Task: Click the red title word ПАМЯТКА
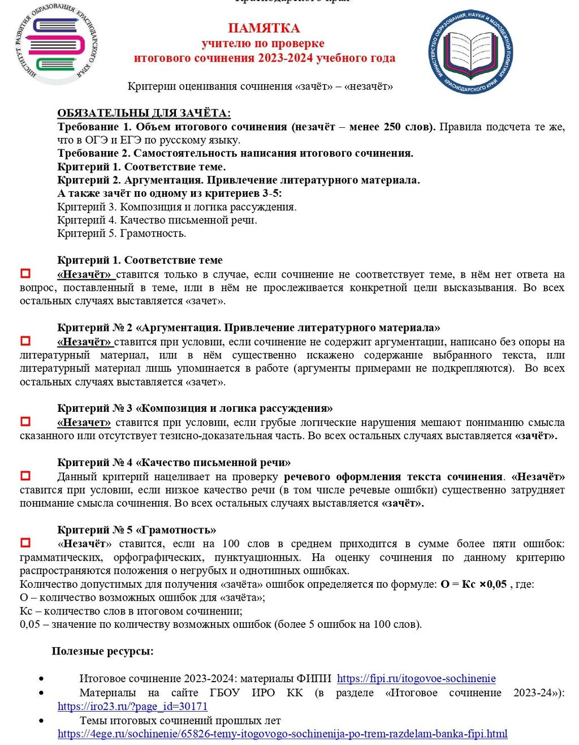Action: point(264,28)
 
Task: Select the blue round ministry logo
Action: point(470,50)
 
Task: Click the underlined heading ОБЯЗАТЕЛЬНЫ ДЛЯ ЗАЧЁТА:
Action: point(144,113)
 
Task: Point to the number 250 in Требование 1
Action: point(392,127)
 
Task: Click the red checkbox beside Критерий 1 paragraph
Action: point(25,274)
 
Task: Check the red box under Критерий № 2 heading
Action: point(25,341)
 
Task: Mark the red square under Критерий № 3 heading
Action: point(25,421)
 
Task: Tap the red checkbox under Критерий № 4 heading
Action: point(25,476)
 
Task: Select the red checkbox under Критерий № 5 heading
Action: point(25,543)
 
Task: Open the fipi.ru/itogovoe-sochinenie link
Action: point(416,678)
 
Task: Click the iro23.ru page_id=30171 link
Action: point(132,707)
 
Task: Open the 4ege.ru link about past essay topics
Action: point(282,734)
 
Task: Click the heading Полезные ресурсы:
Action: point(102,651)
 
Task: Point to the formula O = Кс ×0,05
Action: point(474,584)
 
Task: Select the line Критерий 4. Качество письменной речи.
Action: point(157,220)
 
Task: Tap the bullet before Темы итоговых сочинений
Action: point(41,721)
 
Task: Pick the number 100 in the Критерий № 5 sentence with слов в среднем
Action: point(231,544)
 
